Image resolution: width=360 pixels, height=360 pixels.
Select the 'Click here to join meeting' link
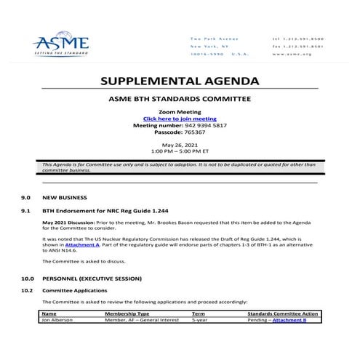tap(180, 119)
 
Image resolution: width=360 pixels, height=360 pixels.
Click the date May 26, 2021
tap(179, 145)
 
